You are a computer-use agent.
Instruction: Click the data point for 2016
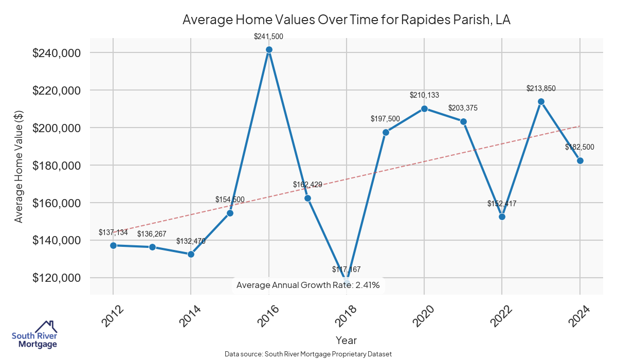[269, 50]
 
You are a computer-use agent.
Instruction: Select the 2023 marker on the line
[541, 102]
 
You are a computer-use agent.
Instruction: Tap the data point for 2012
[113, 245]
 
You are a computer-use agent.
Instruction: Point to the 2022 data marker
[502, 217]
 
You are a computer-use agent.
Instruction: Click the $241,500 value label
[269, 37]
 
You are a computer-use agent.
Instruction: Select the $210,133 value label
[424, 95]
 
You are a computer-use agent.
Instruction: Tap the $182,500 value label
[579, 147]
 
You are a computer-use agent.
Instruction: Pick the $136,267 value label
[152, 234]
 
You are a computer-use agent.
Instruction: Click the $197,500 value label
[385, 119]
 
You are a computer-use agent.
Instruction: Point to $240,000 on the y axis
[56, 53]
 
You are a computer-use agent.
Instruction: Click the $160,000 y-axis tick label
[56, 203]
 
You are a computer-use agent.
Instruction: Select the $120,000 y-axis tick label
[56, 278]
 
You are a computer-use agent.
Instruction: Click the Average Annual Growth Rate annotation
[308, 285]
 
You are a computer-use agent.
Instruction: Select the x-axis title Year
[346, 340]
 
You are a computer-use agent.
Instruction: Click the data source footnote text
[308, 354]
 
